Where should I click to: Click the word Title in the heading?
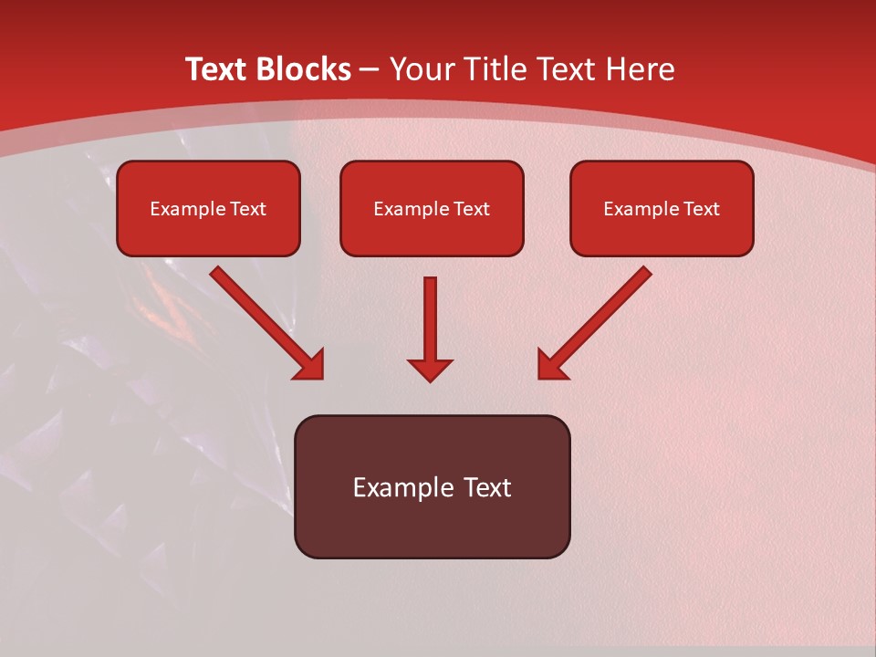497,69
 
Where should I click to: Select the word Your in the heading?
424,69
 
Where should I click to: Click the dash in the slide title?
370,70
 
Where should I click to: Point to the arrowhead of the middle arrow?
430,369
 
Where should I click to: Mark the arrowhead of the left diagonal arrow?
310,365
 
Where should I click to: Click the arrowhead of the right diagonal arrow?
551,365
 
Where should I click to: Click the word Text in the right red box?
701,209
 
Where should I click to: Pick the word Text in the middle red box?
471,209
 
